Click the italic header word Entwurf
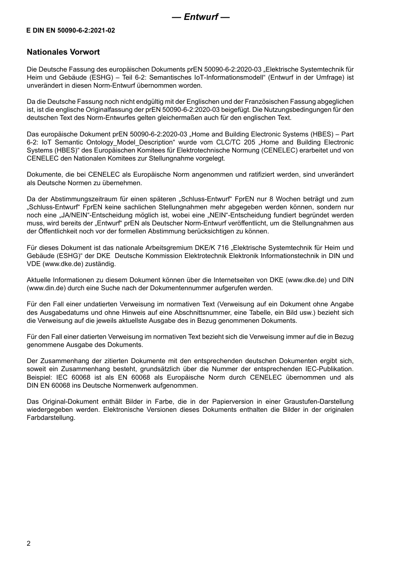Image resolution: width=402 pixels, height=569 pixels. click(x=201, y=17)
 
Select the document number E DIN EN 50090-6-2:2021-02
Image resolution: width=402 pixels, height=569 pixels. click(x=71, y=31)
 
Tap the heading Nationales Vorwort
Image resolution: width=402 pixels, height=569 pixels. click(x=63, y=52)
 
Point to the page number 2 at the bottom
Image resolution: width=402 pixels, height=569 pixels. click(x=29, y=544)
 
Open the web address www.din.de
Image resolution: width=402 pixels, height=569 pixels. click(x=42, y=288)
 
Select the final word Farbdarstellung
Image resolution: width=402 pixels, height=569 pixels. click(x=51, y=418)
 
